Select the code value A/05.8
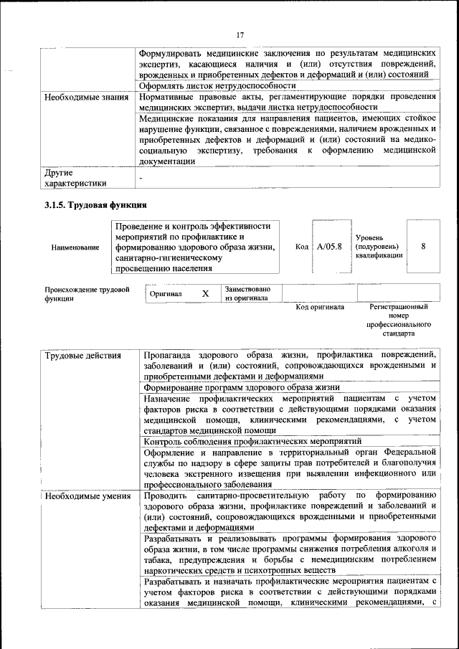click(329, 247)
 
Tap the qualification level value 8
click(423, 246)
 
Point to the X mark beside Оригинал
click(205, 294)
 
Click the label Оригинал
click(166, 294)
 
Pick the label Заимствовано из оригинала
click(247, 293)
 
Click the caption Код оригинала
click(320, 307)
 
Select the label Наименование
click(75, 247)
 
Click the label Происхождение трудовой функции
click(87, 294)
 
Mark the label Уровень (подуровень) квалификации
click(379, 246)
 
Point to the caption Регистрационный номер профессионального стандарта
click(399, 320)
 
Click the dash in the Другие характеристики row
click(141, 177)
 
